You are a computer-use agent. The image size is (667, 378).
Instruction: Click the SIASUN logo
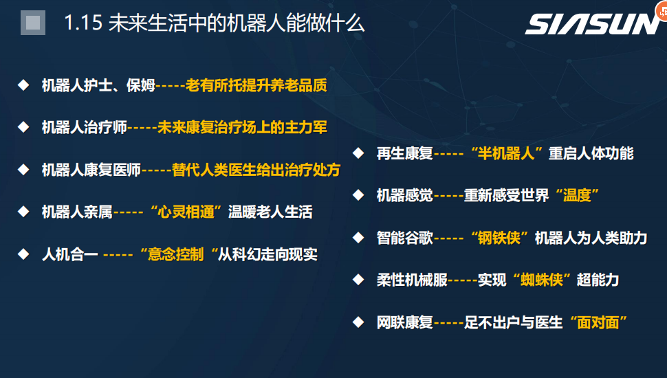point(592,24)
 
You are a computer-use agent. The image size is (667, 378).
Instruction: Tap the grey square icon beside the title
point(33,23)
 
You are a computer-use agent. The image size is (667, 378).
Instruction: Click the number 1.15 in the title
point(83,23)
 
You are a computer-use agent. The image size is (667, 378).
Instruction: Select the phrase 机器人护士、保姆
point(98,85)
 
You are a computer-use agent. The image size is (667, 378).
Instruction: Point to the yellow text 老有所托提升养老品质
point(256,85)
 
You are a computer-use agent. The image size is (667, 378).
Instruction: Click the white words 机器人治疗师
point(84,127)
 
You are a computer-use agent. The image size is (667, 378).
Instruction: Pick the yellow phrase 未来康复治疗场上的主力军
point(242,127)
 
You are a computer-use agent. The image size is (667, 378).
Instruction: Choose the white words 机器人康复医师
point(91,170)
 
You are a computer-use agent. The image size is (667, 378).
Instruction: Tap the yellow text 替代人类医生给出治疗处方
point(256,170)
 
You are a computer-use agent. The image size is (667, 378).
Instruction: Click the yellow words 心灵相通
point(186,212)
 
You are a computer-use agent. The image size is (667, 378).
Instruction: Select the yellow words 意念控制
point(175,254)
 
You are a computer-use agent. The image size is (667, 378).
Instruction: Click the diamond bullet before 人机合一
point(23,254)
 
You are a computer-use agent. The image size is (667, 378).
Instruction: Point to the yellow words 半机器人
point(506,153)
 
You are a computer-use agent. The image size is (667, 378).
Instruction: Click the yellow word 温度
point(577,195)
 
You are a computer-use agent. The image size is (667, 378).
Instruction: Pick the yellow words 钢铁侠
point(499,238)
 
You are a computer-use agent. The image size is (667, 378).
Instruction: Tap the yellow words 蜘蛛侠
point(542,280)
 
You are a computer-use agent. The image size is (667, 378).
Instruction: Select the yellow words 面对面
point(598,322)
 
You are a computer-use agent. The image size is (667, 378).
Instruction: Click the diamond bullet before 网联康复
point(358,322)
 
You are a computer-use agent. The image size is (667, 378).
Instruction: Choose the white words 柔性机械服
point(412,280)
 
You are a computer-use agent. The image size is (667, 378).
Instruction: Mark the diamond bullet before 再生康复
point(358,153)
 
